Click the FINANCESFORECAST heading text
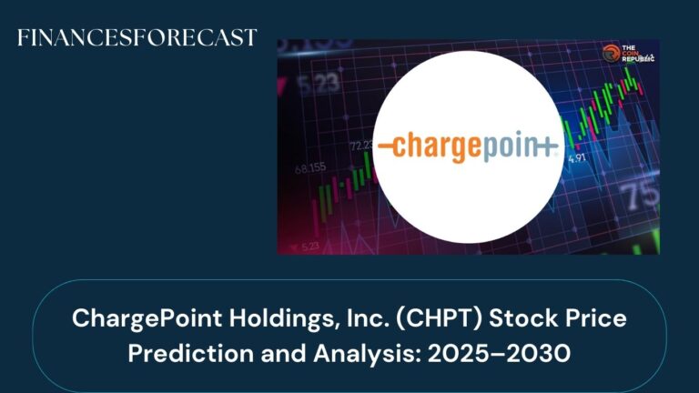click(x=137, y=38)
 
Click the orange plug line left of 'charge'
click(x=389, y=146)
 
